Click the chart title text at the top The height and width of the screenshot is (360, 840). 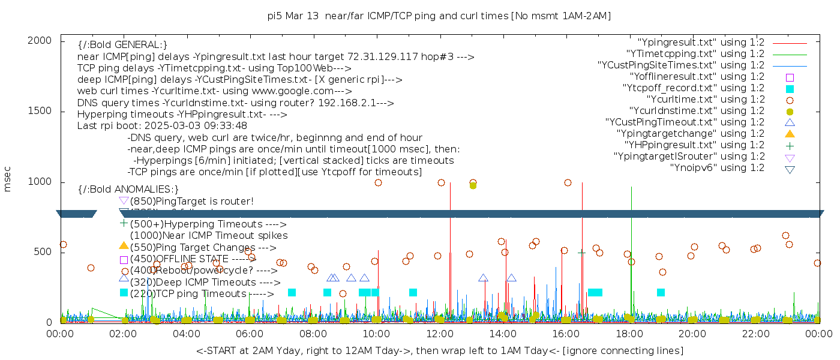(x=439, y=16)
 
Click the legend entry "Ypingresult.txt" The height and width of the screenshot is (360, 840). (x=701, y=43)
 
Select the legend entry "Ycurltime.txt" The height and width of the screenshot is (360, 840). (x=706, y=100)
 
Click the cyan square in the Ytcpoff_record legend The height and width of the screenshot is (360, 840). (x=790, y=89)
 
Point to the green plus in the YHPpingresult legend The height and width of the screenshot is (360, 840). (x=790, y=145)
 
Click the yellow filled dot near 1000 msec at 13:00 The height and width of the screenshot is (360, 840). (x=473, y=185)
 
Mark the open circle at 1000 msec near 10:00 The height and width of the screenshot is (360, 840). (x=378, y=183)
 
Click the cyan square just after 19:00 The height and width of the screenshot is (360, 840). (x=661, y=293)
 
